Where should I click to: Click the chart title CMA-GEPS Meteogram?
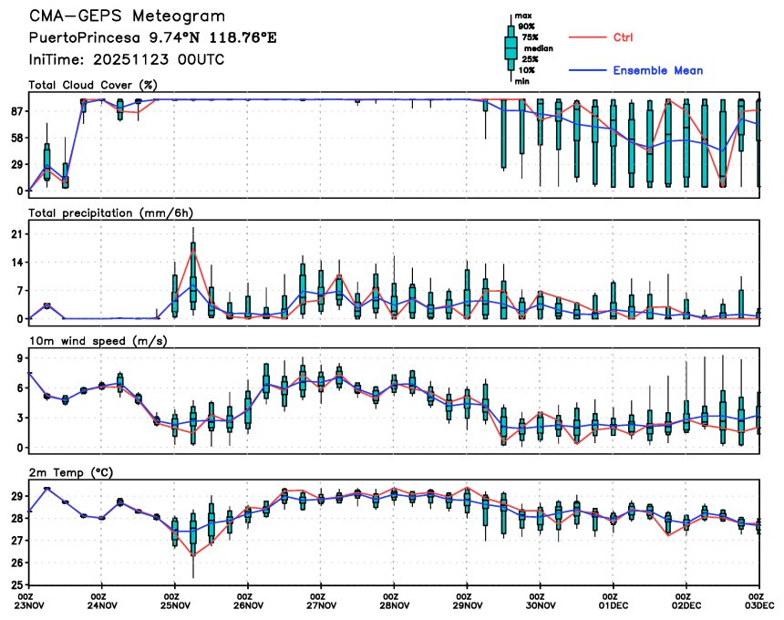click(x=127, y=16)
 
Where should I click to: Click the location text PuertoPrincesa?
click(x=77, y=38)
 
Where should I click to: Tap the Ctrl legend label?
click(x=624, y=37)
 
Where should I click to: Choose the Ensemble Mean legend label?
click(x=657, y=70)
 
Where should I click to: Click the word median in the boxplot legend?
click(x=533, y=46)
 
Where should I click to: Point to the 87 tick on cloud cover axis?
click(x=16, y=111)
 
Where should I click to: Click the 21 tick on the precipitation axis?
click(x=16, y=234)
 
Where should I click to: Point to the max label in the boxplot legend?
click(x=522, y=15)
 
